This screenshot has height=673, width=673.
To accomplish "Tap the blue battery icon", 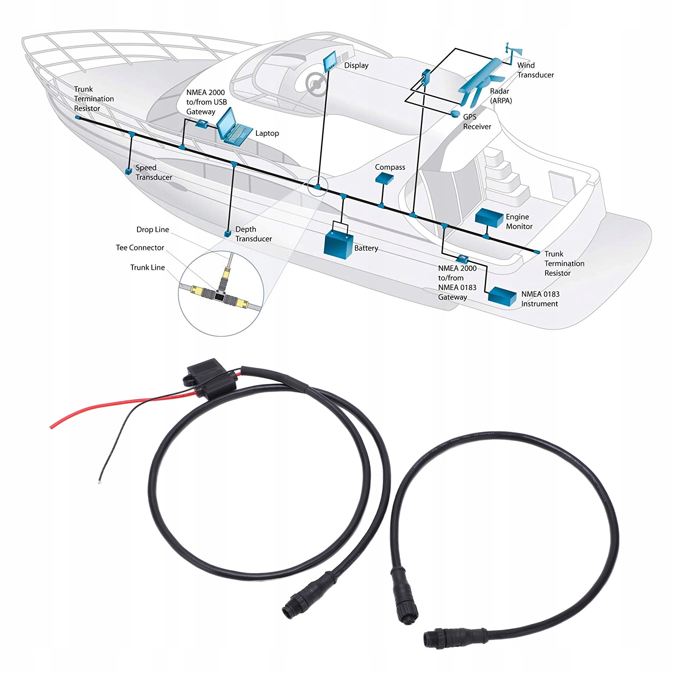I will (338, 246).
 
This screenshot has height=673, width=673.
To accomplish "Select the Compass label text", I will (390, 167).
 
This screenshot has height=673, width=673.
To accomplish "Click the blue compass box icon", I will (384, 179).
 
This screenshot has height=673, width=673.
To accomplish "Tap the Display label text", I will (356, 66).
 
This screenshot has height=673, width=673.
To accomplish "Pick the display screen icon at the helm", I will (330, 61).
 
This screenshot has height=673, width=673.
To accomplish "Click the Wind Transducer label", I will (535, 70).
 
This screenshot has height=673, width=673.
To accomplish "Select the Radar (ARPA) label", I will (500, 96).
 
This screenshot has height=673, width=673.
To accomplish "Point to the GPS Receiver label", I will (477, 122).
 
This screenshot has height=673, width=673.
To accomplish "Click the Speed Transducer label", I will (153, 172).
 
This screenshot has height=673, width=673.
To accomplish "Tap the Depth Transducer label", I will (253, 234).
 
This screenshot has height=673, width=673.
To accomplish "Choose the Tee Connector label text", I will (140, 248).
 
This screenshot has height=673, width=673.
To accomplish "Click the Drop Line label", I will (153, 230).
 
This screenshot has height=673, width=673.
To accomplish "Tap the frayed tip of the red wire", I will (52, 427).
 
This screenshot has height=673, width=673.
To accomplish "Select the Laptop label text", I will (267, 133).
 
